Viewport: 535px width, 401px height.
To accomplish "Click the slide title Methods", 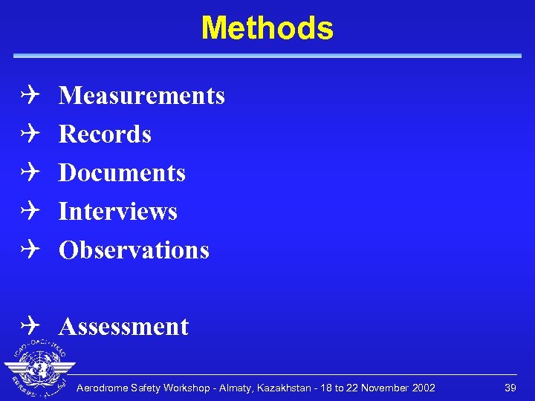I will point(267,28).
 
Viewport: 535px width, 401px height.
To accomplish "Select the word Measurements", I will point(141,96).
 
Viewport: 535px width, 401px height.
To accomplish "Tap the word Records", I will point(105,134).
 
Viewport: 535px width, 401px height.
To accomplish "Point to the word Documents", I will point(122,173).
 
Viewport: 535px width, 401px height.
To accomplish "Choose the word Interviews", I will point(117,212).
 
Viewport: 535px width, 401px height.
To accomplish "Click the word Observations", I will point(134,250).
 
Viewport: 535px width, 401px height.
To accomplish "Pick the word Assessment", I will point(123,327).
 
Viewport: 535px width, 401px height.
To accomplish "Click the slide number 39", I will point(510,388).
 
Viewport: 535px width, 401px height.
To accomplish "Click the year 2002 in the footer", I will point(422,388).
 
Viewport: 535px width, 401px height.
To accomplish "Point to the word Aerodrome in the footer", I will point(103,388).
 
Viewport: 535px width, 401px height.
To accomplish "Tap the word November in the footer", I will point(382,388).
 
